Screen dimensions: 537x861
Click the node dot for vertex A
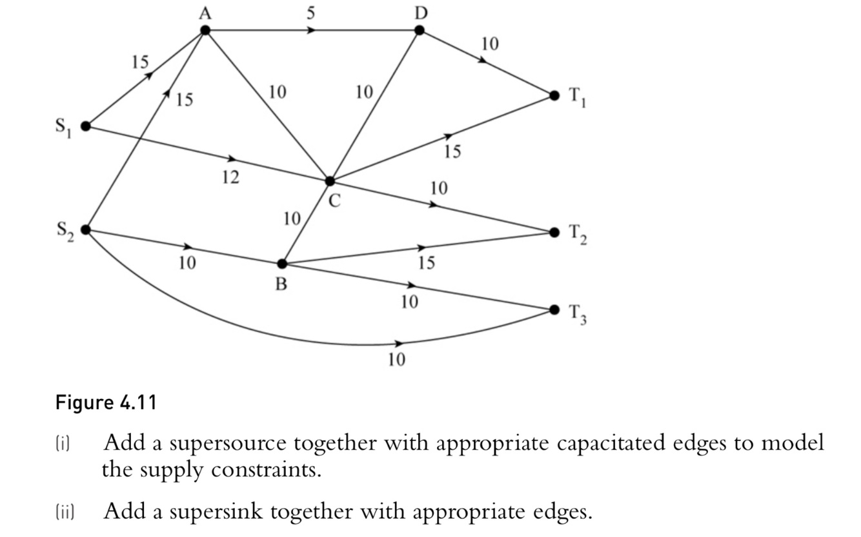(205, 30)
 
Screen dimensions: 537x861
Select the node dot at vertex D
(419, 30)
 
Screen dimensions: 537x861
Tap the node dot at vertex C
(330, 181)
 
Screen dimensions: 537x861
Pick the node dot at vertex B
(282, 264)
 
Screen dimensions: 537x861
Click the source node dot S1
(86, 126)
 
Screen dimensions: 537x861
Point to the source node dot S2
(86, 229)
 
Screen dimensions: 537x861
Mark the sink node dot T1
(554, 95)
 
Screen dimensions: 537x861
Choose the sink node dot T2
(554, 231)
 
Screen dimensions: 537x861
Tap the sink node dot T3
(554, 309)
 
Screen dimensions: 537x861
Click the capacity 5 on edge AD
(310, 13)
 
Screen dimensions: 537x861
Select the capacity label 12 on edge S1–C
(230, 177)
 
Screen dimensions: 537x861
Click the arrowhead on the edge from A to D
(312, 30)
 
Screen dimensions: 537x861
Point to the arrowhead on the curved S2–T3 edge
(400, 344)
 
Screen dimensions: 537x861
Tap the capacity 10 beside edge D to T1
(490, 44)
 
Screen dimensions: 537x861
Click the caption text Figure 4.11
(106, 403)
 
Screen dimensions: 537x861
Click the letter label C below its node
(333, 201)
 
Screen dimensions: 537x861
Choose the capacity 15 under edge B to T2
(426, 263)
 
